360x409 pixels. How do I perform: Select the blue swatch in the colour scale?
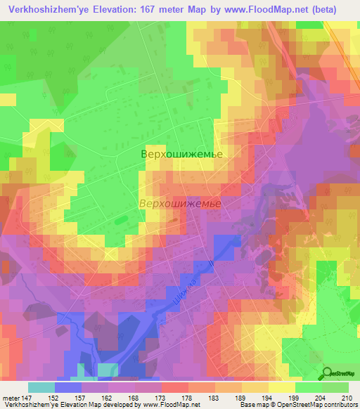[68, 387]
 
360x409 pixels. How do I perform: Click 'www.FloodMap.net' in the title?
[260, 9]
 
